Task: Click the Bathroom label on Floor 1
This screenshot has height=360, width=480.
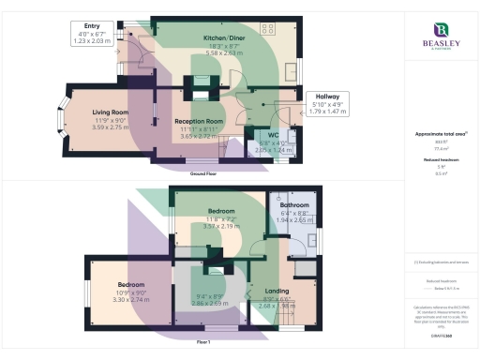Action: coord(293,204)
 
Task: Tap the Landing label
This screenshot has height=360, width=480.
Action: coord(277,291)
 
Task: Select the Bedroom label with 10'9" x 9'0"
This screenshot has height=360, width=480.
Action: coord(131,284)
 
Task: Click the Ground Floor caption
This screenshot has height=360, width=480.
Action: coord(203,175)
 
